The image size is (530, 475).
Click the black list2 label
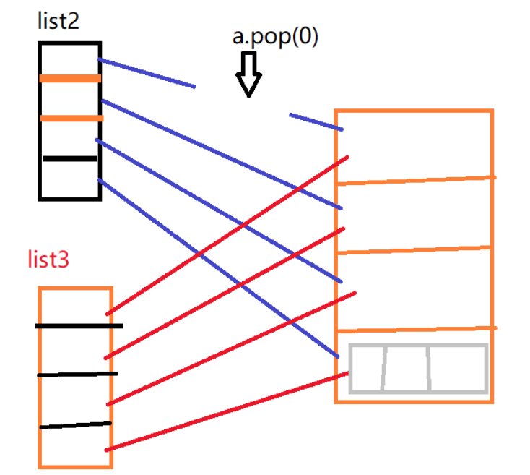[x=58, y=21]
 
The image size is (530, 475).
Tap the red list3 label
[x=48, y=260]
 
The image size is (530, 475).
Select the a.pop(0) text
[x=275, y=38]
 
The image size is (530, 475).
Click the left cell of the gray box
[x=368, y=369]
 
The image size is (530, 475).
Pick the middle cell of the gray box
[x=406, y=369]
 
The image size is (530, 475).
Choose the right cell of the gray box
[x=457, y=369]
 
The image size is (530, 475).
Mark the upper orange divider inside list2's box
[x=70, y=78]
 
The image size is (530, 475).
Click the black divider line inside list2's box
[x=69, y=158]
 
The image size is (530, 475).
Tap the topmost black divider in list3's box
[x=79, y=326]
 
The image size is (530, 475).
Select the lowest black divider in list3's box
[x=75, y=425]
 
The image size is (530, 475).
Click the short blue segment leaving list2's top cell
[x=146, y=73]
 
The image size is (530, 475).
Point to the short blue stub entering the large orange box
[x=316, y=121]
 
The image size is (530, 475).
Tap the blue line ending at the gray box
[x=217, y=268]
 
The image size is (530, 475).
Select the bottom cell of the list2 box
[x=69, y=178]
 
